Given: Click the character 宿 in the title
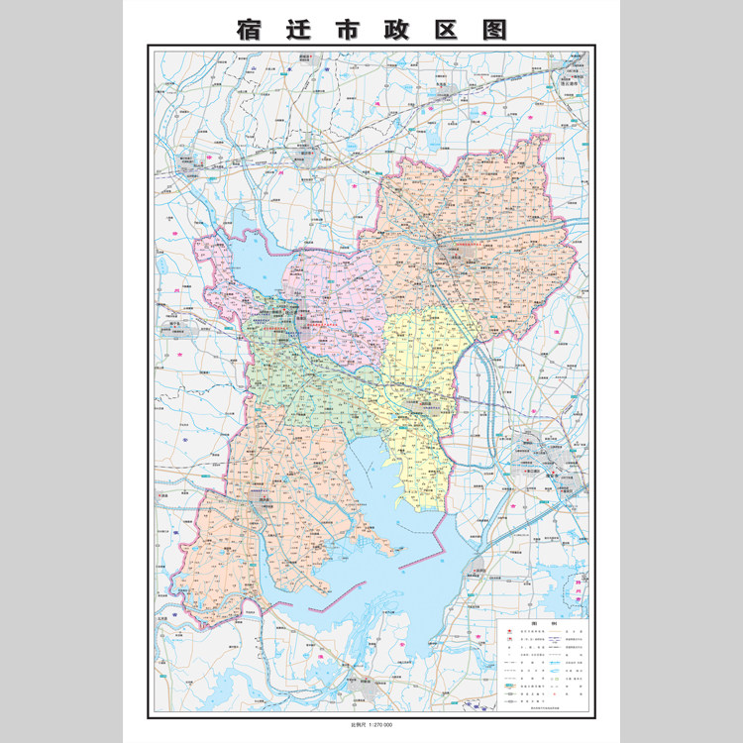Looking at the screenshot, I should (249, 29).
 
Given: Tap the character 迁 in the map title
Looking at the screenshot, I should (298, 29).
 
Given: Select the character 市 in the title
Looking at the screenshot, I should (348, 29).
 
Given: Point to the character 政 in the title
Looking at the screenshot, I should (397, 29).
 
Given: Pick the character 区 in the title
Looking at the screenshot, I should (447, 29).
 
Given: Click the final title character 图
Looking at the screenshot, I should (495, 29).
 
